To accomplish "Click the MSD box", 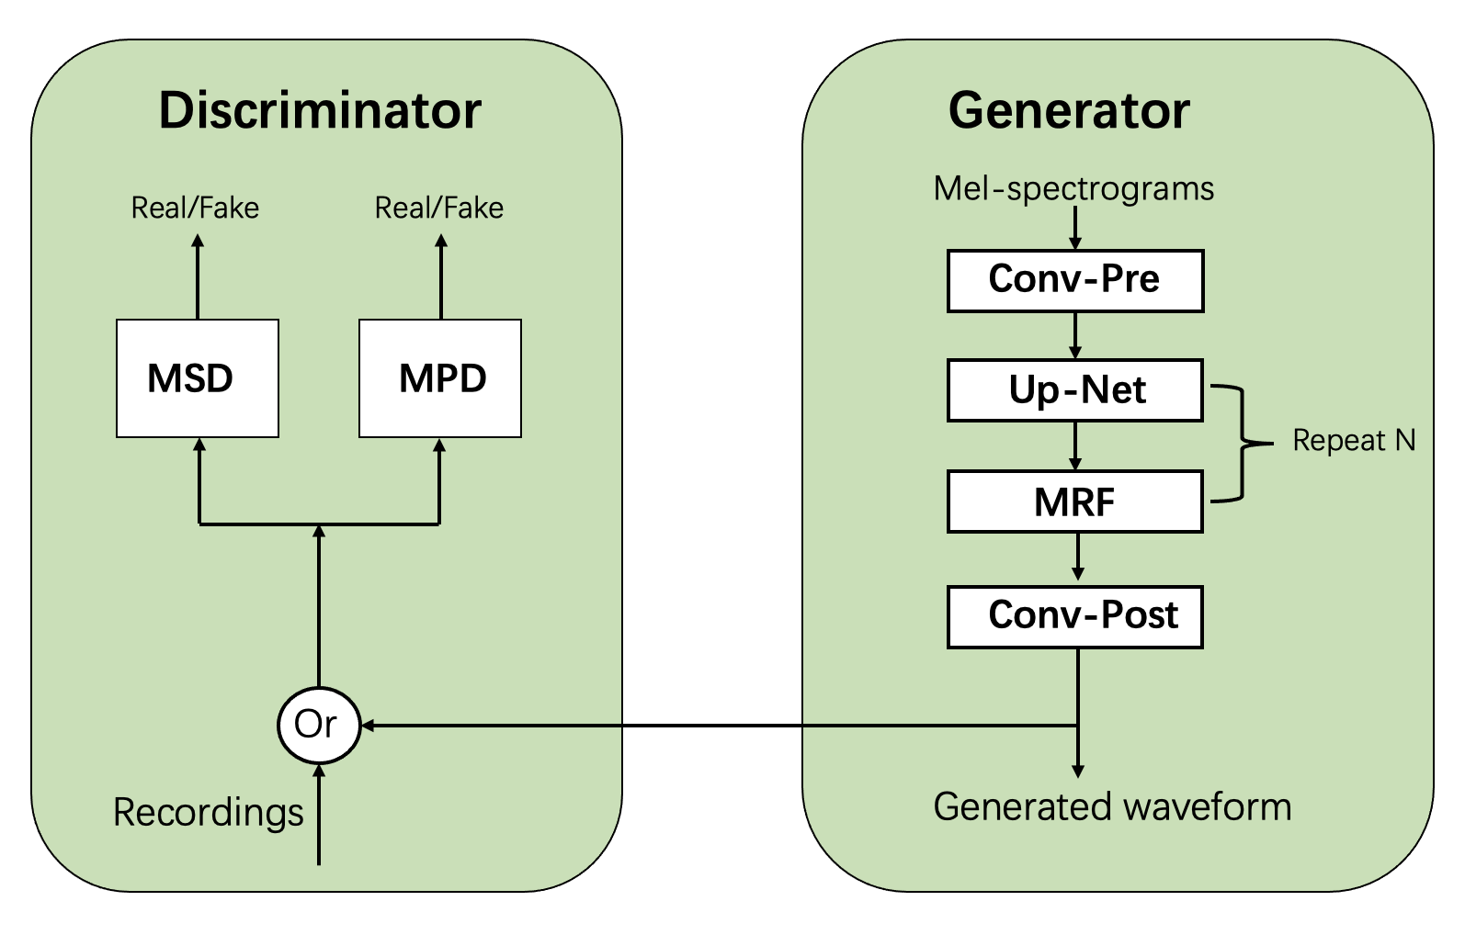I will click(x=198, y=378).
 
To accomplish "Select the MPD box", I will click(x=440, y=378).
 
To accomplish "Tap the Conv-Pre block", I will click(x=1075, y=280).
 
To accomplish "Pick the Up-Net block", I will click(x=1075, y=390).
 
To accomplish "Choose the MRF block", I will click(x=1075, y=501).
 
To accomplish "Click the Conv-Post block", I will click(x=1075, y=616).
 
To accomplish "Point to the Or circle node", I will click(x=318, y=725).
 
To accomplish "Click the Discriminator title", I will click(x=320, y=110).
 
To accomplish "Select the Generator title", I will click(x=1069, y=110).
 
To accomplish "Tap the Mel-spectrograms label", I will click(x=1073, y=188).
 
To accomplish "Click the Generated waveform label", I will click(x=1112, y=806).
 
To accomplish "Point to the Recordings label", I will click(x=209, y=812).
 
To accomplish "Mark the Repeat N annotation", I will click(x=1354, y=441).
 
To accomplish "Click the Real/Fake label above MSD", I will click(x=195, y=208).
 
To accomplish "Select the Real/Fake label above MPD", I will click(x=439, y=208).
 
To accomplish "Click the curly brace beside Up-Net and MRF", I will click(x=1244, y=444).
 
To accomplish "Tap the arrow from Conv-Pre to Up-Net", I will click(x=1075, y=335).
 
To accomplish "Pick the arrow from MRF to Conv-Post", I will click(x=1078, y=558).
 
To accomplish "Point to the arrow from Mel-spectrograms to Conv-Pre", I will click(x=1075, y=228).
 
